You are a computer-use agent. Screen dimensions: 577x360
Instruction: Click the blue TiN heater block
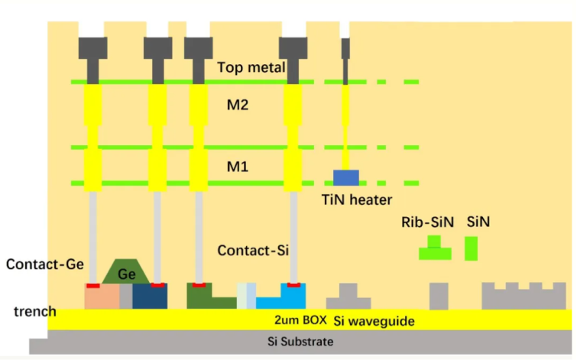346,177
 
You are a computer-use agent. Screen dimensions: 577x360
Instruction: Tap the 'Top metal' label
251,67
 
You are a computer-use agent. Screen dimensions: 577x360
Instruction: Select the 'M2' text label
238,105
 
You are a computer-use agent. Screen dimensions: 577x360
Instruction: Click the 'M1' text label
238,167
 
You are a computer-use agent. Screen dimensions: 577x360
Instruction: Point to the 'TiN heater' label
357,200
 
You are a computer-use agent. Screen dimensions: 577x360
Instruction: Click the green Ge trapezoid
126,271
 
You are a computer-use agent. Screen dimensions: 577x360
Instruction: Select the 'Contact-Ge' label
45,264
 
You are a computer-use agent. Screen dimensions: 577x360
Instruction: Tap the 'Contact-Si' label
253,251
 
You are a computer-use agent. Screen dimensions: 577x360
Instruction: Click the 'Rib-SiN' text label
427,222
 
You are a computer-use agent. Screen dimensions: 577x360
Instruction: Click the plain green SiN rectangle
471,248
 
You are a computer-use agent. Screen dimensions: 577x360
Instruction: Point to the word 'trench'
35,312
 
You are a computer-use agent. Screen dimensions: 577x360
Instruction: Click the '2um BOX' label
300,320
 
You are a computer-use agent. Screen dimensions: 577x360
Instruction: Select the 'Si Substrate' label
300,342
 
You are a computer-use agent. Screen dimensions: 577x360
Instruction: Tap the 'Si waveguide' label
374,321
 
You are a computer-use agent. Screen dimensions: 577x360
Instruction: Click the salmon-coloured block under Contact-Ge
102,297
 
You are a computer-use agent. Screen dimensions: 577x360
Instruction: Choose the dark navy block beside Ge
150,297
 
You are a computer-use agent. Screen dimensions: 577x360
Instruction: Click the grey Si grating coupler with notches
524,296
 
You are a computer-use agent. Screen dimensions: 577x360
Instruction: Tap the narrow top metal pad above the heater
345,48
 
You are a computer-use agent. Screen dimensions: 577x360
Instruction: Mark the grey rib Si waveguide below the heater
348,297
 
